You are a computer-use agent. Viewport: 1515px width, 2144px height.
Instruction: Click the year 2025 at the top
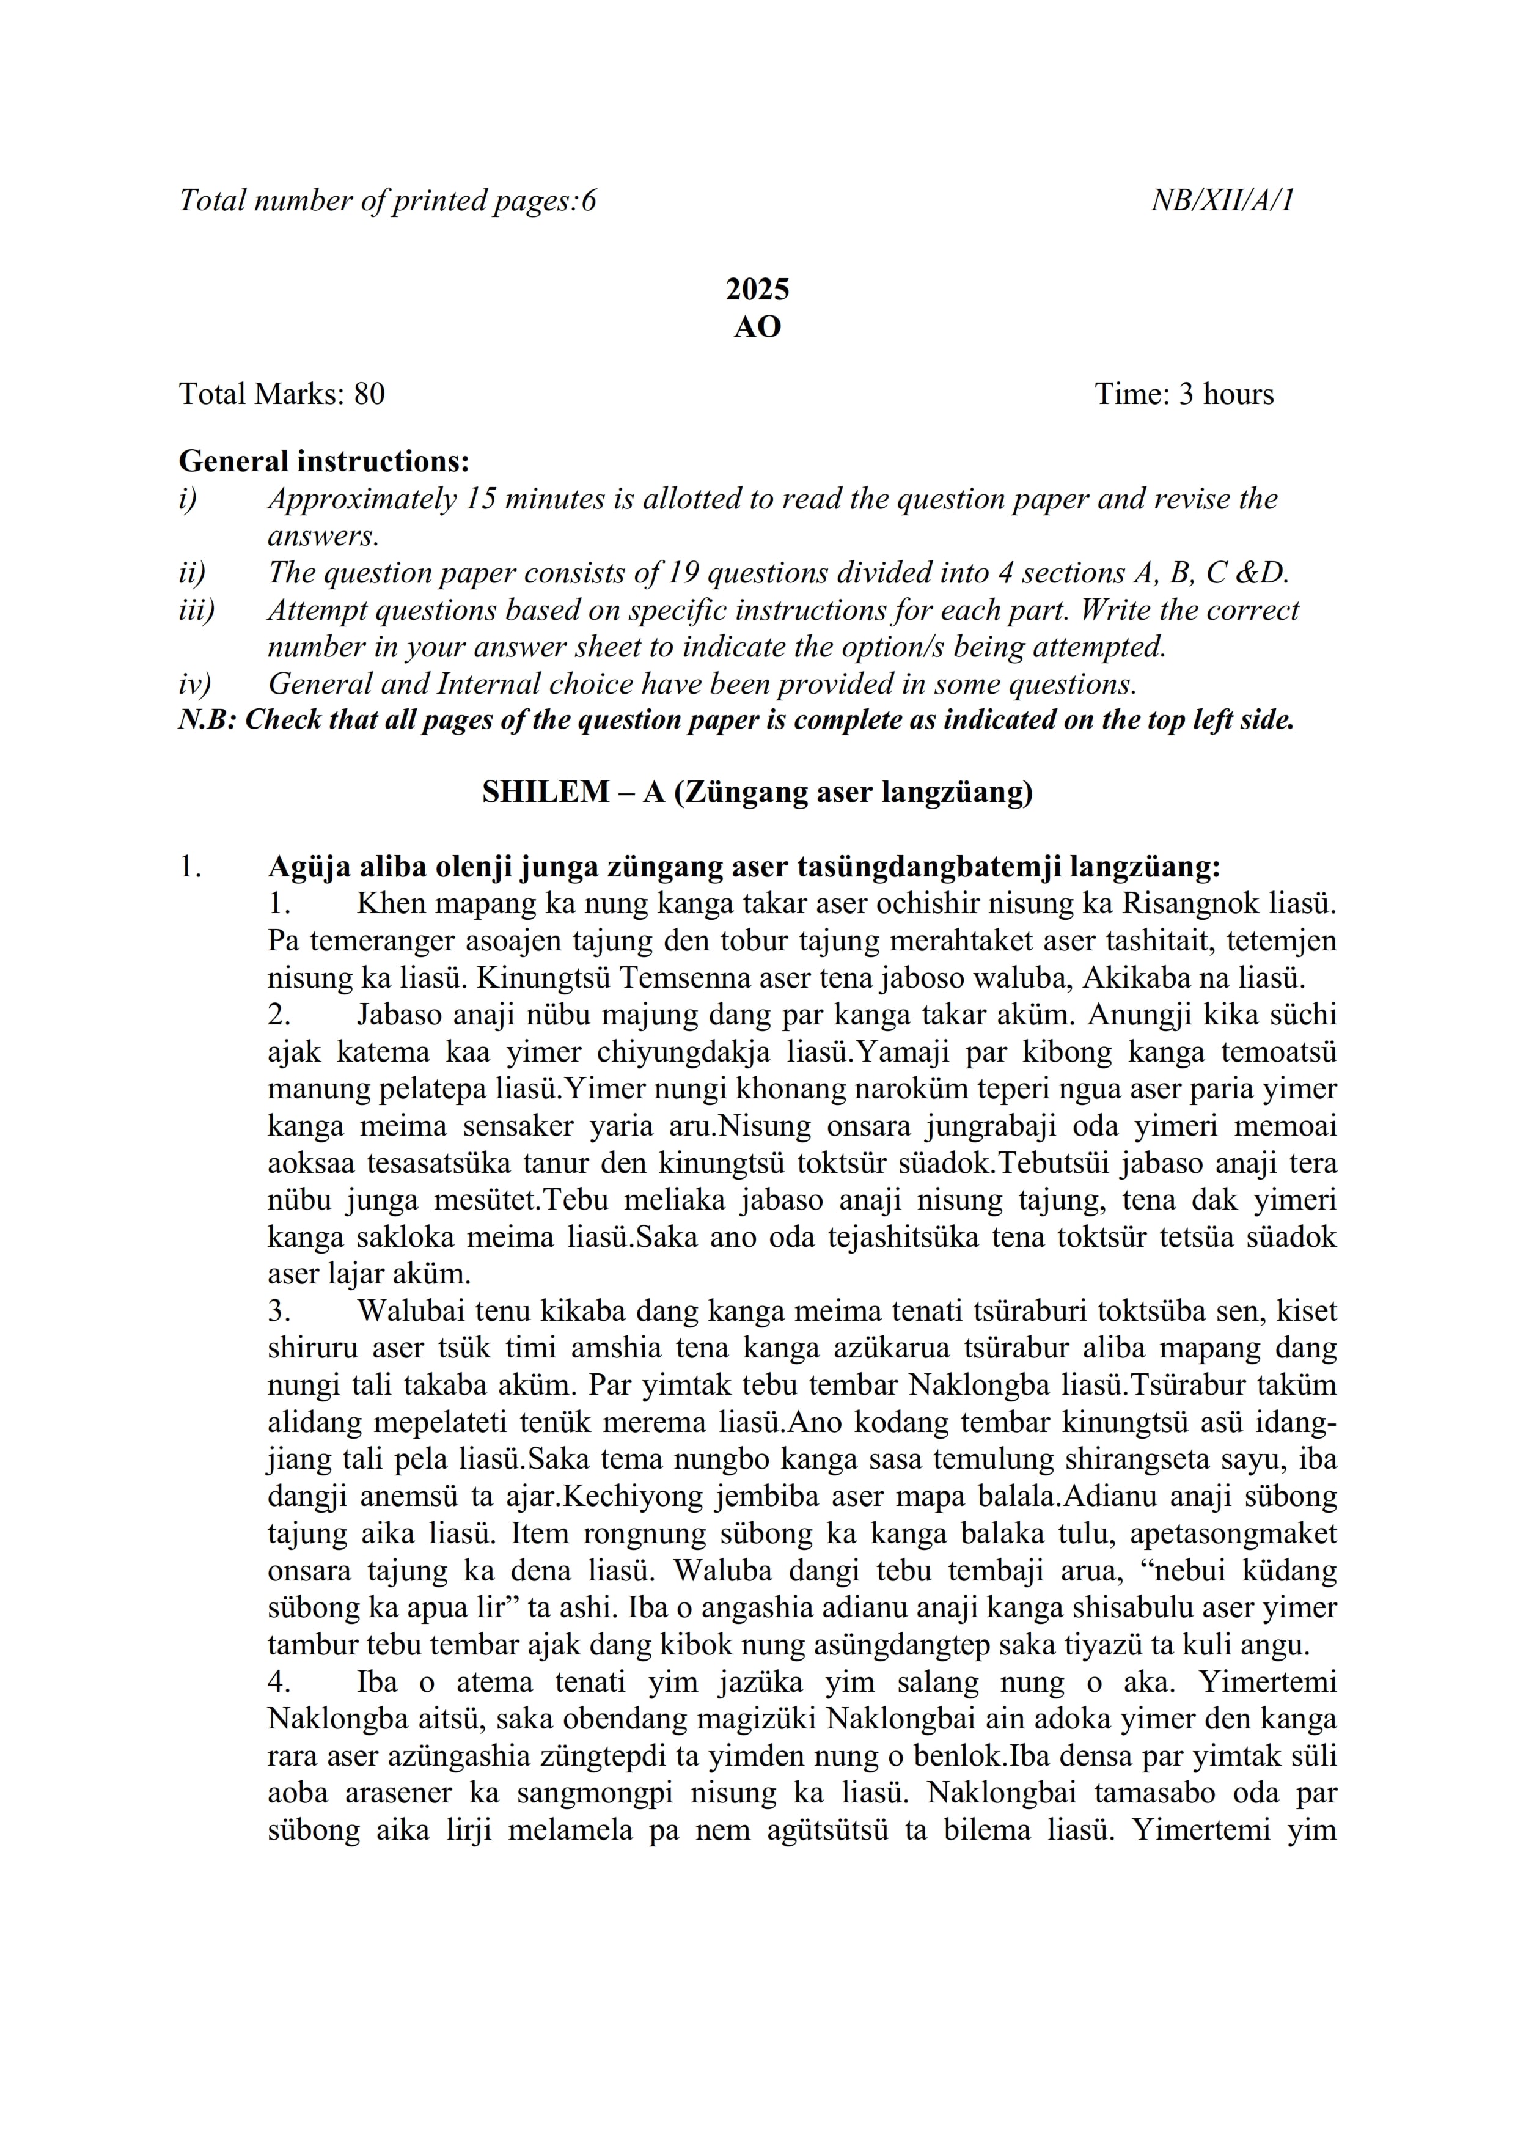point(757,290)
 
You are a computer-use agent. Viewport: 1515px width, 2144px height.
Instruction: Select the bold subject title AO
point(757,327)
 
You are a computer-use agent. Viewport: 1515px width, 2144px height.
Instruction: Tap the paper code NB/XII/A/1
point(1222,200)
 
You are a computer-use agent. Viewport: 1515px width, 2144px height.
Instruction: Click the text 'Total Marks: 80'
point(282,394)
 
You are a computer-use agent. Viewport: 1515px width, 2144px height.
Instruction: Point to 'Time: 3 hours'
point(1184,394)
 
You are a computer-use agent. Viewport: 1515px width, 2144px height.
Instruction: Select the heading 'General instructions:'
point(324,461)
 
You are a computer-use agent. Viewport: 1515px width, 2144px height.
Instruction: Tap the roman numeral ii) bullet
point(191,573)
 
